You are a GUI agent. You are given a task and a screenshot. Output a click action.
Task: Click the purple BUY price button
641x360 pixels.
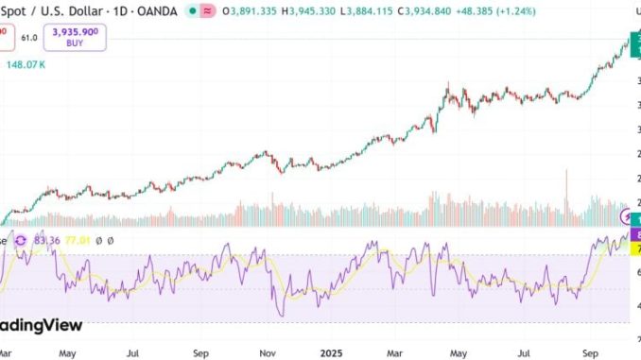(x=80, y=38)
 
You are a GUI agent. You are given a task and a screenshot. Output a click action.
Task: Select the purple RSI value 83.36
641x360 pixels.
(x=46, y=241)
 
